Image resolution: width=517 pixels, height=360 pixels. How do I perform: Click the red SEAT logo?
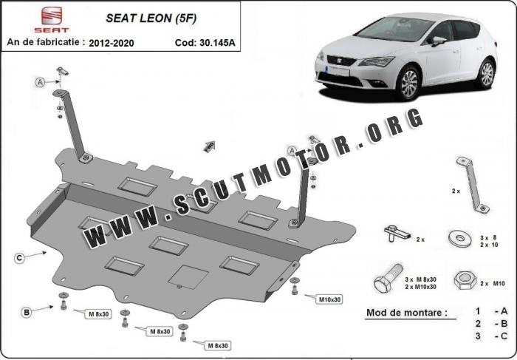click(x=52, y=19)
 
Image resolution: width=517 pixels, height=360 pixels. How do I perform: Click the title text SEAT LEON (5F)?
click(x=151, y=18)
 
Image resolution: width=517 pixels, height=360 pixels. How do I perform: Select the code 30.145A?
click(x=217, y=43)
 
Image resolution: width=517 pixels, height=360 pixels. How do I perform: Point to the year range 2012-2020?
click(x=111, y=43)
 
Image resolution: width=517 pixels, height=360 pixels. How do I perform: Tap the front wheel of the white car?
click(x=409, y=83)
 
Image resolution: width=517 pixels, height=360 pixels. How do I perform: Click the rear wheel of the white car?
click(x=487, y=74)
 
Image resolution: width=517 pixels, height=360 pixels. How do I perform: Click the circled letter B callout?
click(x=27, y=312)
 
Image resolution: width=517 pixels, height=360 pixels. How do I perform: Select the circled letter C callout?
click(x=19, y=258)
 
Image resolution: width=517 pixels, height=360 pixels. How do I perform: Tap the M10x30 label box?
click(x=329, y=299)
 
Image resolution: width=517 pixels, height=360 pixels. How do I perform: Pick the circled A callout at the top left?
click(x=40, y=82)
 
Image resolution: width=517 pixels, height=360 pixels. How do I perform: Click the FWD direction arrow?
click(x=209, y=146)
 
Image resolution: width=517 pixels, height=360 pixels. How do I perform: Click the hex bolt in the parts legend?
click(x=388, y=278)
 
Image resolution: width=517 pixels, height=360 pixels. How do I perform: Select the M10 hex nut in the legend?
click(x=465, y=280)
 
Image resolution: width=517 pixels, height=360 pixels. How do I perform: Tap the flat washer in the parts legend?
click(x=460, y=238)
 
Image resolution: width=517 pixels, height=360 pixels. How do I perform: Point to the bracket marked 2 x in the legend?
click(x=473, y=185)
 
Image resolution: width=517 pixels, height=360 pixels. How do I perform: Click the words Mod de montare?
click(x=407, y=313)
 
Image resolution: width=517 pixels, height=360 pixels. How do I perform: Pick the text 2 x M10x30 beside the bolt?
click(x=421, y=287)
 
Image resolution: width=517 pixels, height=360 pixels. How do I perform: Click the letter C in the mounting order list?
click(x=504, y=336)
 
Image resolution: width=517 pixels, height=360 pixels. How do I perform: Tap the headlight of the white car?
click(x=376, y=61)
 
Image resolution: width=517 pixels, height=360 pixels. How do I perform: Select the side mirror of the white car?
click(x=438, y=40)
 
